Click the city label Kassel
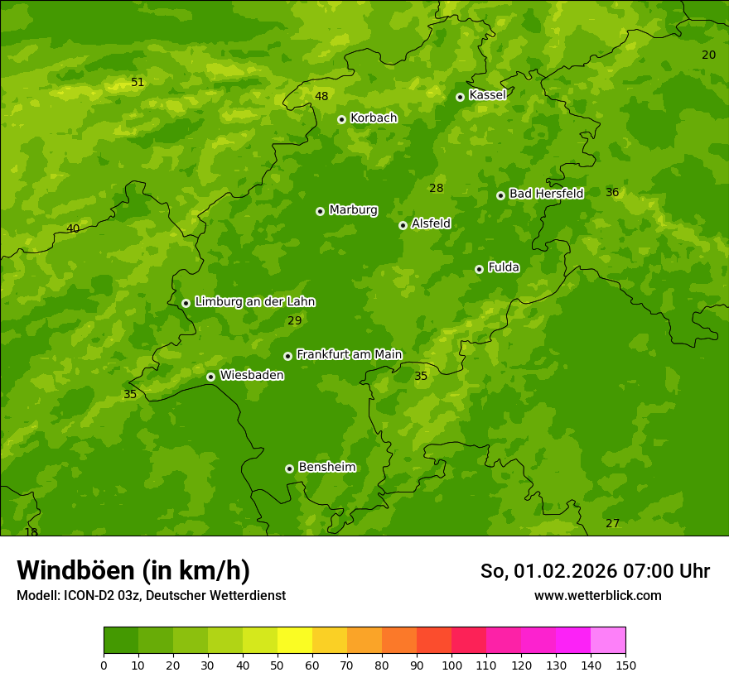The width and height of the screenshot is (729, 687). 487,95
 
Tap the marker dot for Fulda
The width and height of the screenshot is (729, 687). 479,269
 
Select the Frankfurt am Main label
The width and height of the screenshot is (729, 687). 349,354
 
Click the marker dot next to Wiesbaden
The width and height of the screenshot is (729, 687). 210,377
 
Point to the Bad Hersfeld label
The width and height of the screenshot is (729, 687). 546,194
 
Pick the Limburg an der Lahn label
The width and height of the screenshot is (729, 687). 254,302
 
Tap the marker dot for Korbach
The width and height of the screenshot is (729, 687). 341,119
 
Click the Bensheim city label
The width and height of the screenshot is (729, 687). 326,467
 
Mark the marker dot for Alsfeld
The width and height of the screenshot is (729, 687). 403,225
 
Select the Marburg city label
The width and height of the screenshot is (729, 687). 353,210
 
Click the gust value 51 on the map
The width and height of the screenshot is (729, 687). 138,82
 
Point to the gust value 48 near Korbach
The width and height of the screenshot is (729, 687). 321,96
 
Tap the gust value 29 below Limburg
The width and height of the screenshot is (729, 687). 294,320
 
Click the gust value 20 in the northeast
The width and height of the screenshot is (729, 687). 708,55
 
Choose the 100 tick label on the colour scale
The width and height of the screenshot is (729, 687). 451,665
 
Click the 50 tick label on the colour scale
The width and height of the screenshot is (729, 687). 278,665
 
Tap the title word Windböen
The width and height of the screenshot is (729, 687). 77,570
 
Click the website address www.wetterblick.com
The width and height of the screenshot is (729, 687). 597,595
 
